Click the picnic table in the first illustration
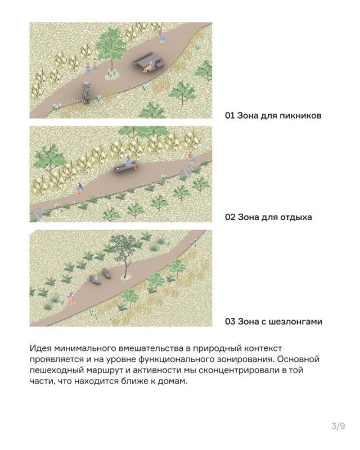[x=148, y=61]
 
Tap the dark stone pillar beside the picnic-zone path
[x=86, y=92]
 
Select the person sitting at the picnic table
[x=149, y=67]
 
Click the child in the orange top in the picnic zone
[x=94, y=64]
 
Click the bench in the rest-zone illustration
[x=126, y=168]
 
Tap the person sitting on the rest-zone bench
[x=130, y=162]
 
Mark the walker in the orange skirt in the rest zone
[x=79, y=190]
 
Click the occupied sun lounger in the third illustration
[x=94, y=278]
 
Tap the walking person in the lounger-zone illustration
[x=71, y=298]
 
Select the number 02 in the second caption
[x=230, y=217]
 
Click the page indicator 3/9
[x=338, y=426]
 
